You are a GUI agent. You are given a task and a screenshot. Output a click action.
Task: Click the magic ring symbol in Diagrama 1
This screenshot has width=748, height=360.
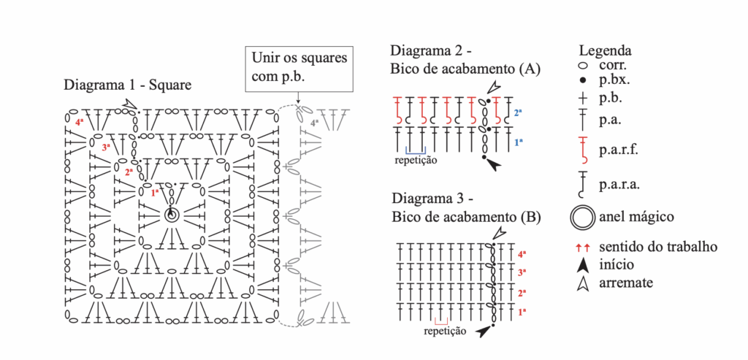[x=172, y=215]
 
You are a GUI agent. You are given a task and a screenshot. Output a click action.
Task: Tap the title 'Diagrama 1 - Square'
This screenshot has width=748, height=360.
[x=128, y=85]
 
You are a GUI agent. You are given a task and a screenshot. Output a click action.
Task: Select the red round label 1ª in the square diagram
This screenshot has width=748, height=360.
[x=155, y=194]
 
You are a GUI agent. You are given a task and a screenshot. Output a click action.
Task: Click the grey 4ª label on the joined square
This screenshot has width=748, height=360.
[x=314, y=123]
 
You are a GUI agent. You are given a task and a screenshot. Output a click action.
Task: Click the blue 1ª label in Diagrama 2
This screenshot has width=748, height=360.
[x=517, y=142]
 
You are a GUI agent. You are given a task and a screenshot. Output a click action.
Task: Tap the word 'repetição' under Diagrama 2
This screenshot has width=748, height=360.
[x=416, y=160]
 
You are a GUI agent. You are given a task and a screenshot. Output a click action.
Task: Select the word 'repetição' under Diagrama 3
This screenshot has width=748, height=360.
[x=445, y=332]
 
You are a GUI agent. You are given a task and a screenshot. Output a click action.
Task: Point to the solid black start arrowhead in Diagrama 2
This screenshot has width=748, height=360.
[x=495, y=166]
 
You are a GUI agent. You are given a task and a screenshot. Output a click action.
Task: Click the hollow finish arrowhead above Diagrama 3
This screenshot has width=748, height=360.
[x=498, y=234]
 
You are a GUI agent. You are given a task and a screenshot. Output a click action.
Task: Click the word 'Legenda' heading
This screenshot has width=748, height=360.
[x=605, y=51]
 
